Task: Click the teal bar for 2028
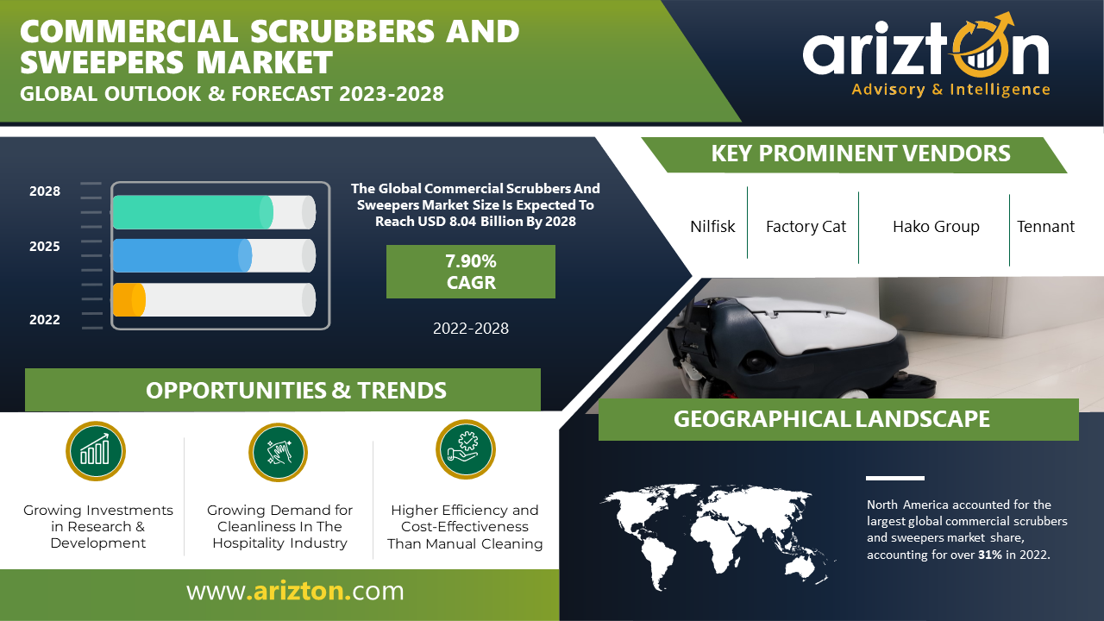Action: point(192,212)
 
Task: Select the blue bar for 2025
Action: point(182,256)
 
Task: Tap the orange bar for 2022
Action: point(129,299)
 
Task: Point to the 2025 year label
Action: point(44,246)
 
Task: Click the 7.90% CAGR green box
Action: point(471,272)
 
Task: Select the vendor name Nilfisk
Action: point(712,226)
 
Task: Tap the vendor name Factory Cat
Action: point(806,226)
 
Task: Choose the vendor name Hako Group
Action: point(936,226)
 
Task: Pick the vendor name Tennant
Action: point(1045,226)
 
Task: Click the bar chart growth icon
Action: point(96,451)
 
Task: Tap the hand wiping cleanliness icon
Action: point(278,453)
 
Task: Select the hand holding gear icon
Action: point(465,449)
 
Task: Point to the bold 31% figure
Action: point(990,555)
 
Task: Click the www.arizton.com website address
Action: point(295,591)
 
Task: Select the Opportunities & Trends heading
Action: point(296,391)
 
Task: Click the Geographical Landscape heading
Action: point(831,419)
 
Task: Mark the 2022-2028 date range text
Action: point(471,329)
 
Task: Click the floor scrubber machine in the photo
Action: point(799,345)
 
